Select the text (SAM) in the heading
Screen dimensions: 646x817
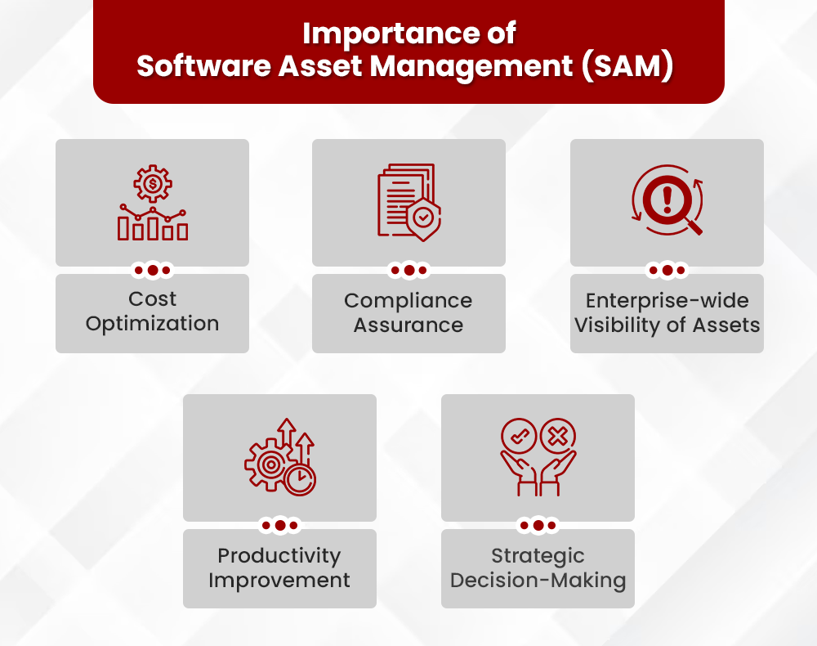(x=627, y=66)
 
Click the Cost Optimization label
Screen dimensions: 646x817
(x=152, y=312)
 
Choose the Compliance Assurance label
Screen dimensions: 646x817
(x=408, y=312)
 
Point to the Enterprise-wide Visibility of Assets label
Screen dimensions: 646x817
(x=667, y=312)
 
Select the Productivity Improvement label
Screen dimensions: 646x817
(x=279, y=568)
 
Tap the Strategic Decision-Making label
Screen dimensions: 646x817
(x=538, y=568)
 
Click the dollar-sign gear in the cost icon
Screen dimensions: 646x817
(x=152, y=185)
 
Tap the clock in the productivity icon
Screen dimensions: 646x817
(x=301, y=479)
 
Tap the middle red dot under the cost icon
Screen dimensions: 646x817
(x=152, y=270)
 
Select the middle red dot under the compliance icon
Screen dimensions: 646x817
(x=408, y=270)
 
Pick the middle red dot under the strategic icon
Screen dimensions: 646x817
(x=538, y=525)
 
